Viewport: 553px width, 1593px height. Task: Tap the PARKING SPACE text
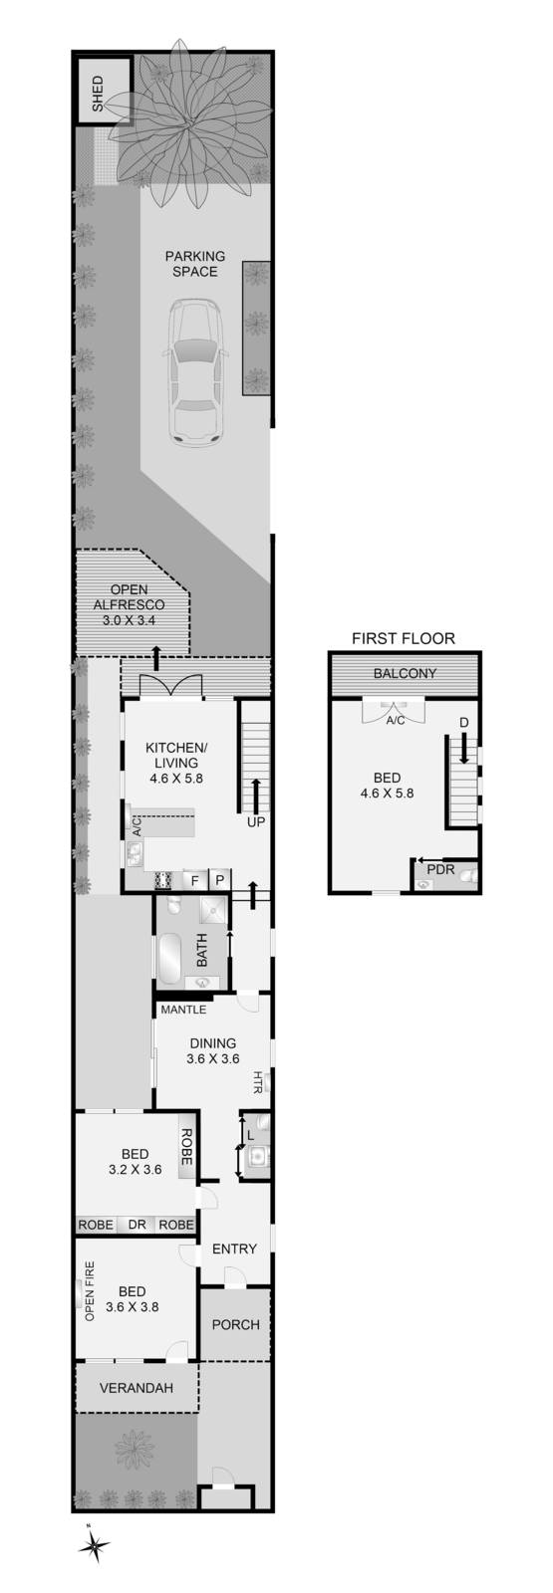point(195,264)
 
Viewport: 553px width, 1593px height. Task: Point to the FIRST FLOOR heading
point(404,638)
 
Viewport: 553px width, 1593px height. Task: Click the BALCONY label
point(405,674)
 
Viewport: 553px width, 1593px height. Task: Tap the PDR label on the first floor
point(439,869)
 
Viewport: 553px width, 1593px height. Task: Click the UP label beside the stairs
point(256,823)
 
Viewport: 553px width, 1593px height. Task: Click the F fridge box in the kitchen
point(195,880)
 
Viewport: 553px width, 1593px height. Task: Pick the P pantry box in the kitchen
point(221,880)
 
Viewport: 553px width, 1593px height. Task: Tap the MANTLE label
point(183,1010)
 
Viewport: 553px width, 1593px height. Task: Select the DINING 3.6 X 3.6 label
point(212,1051)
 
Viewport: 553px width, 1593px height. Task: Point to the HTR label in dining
point(258,1082)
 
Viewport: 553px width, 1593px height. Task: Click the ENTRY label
point(235,1249)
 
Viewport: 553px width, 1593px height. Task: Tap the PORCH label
point(236,1324)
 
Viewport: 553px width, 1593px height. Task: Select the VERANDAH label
point(137,1388)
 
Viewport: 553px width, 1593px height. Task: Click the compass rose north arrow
point(94,1544)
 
